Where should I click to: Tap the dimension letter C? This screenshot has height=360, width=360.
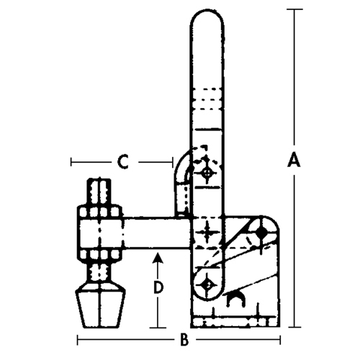123,163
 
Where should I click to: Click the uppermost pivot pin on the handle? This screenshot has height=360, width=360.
207,174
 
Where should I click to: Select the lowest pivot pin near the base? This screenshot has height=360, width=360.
207,284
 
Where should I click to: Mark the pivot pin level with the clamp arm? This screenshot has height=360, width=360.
207,233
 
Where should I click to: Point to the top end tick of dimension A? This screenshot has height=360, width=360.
292,10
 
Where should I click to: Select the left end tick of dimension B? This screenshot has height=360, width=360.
78,339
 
